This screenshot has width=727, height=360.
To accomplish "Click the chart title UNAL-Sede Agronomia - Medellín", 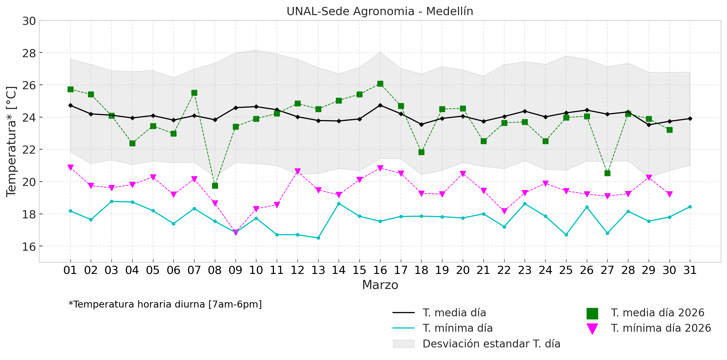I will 380,11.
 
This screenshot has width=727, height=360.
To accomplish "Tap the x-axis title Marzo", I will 380,285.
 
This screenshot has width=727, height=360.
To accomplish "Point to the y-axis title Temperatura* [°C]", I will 11,141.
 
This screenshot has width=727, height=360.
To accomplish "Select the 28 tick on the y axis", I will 29,53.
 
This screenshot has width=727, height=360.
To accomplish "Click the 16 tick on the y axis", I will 29,247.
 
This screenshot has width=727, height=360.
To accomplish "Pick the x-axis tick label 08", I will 215,270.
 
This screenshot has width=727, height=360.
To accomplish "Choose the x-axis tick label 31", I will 690,270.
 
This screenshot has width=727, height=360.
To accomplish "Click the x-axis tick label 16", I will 380,270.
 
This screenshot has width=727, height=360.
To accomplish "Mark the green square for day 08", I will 215,186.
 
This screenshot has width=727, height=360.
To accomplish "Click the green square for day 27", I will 607,173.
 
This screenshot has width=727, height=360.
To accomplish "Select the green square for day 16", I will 380,84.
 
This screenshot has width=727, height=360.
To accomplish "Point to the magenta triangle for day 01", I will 70,167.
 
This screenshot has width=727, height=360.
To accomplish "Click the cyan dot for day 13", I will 318,238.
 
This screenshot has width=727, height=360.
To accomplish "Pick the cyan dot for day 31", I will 690,207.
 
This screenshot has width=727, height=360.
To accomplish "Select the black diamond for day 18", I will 421,124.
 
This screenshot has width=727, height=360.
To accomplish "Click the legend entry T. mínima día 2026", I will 661,328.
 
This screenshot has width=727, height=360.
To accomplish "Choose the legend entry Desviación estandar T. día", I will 491,344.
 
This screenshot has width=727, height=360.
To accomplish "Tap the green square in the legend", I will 592,313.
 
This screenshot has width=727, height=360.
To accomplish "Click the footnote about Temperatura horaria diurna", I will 165,304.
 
